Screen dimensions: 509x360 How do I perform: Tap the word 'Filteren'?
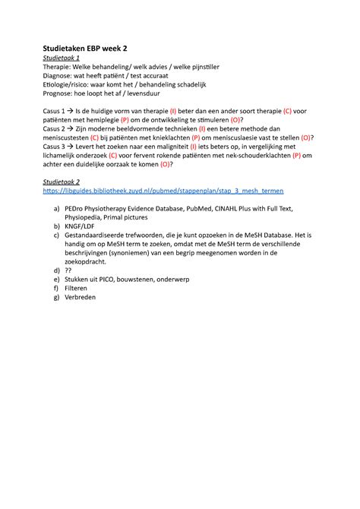(86, 289)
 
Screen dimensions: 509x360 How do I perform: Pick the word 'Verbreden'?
(89, 298)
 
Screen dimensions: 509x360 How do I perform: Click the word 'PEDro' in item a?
(86, 207)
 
